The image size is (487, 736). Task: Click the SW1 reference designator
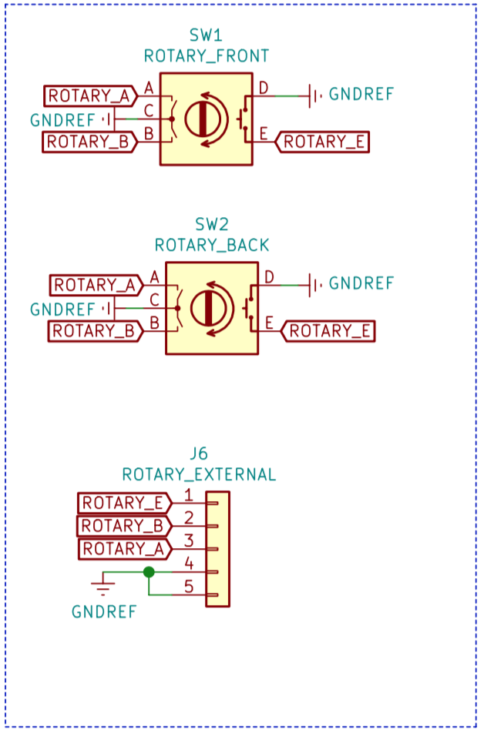[206, 35]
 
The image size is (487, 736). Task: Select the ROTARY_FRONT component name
[206, 55]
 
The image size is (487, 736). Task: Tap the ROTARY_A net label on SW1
[89, 96]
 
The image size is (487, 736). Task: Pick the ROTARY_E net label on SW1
[324, 142]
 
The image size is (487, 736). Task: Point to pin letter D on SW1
[264, 89]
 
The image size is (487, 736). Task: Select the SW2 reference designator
[212, 225]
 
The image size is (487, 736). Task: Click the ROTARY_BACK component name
[212, 245]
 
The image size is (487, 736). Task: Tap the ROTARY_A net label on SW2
[95, 286]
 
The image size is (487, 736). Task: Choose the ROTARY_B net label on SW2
[95, 331]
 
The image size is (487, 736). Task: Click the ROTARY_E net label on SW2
[330, 331]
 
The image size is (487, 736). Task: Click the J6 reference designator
[199, 453]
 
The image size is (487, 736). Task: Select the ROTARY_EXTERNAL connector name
[199, 474]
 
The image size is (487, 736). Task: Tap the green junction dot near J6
[149, 572]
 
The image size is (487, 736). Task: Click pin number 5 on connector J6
[188, 587]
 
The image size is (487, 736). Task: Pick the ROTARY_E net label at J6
[123, 503]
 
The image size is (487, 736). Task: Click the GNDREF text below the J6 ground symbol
[104, 612]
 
